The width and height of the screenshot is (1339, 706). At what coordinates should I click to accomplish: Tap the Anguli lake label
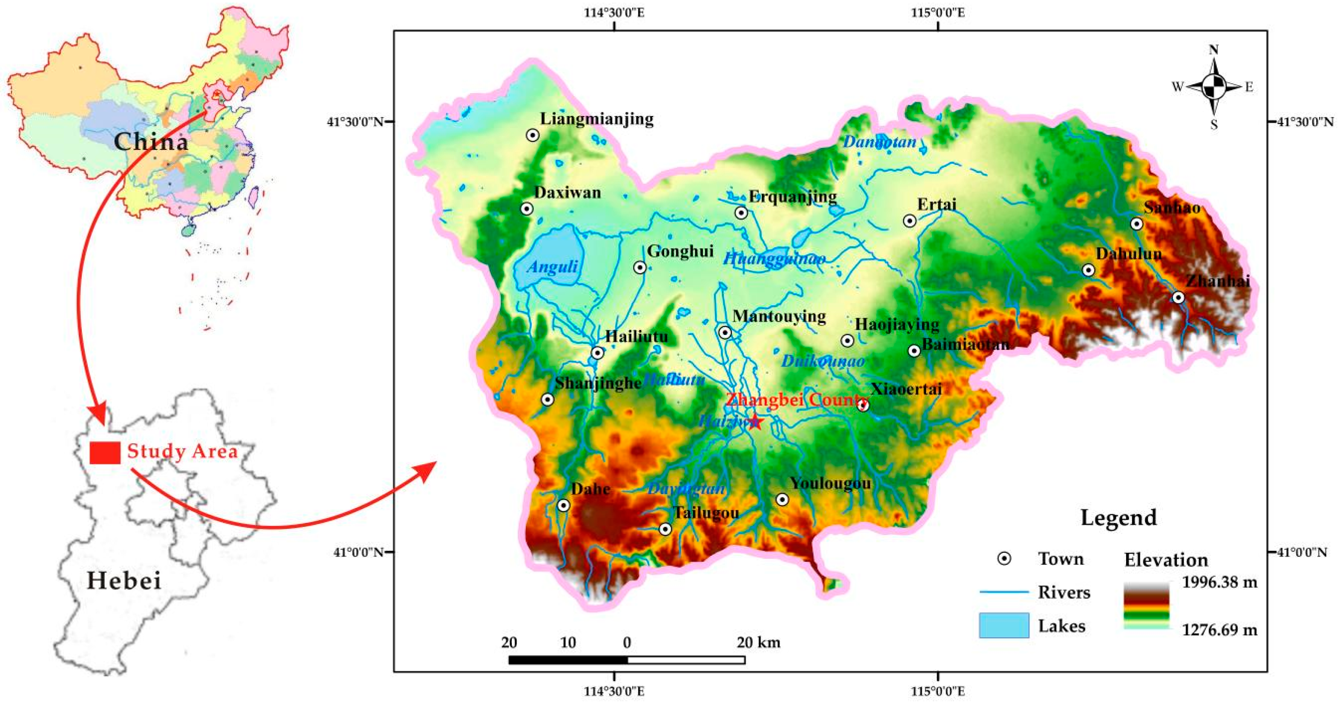click(552, 267)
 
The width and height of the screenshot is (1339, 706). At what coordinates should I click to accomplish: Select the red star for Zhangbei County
click(755, 422)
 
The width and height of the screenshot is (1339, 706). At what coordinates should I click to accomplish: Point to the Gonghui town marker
click(640, 268)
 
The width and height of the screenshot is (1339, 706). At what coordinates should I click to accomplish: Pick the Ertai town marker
click(909, 221)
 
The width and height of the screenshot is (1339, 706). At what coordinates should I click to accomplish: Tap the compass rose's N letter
click(1214, 50)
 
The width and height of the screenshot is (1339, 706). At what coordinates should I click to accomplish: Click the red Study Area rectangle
click(105, 452)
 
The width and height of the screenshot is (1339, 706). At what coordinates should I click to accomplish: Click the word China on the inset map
click(151, 142)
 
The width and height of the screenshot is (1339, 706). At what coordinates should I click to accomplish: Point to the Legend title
click(1118, 517)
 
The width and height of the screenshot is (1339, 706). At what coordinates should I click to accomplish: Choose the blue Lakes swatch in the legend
click(1004, 626)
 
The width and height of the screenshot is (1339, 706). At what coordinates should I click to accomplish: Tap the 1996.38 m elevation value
click(1219, 582)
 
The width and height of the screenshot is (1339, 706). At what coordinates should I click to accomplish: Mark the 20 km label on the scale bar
click(758, 643)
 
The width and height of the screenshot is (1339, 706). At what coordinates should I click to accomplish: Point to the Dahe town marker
click(563, 505)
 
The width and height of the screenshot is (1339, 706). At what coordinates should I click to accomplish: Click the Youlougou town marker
click(782, 500)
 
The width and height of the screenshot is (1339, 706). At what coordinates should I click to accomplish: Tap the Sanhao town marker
click(1137, 224)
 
